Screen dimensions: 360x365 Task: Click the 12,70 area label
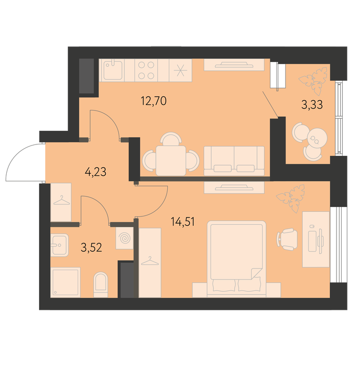(x=154, y=101)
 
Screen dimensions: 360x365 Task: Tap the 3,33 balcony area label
(x=312, y=105)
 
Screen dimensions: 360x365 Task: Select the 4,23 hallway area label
(x=95, y=172)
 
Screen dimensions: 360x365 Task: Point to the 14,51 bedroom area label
(x=182, y=222)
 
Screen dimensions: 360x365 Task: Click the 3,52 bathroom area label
(x=91, y=248)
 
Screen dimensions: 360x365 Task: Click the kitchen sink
(x=113, y=70)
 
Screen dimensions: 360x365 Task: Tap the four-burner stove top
(x=146, y=70)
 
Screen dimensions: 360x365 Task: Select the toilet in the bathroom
(x=101, y=285)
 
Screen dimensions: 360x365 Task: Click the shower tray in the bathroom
(x=66, y=283)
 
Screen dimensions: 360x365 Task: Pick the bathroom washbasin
(x=59, y=245)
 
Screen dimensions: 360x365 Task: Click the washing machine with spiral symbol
(x=125, y=238)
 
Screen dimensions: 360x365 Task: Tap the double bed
(x=237, y=259)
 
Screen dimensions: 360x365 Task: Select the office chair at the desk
(x=287, y=239)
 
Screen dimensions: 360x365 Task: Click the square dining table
(x=171, y=161)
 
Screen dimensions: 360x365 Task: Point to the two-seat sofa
(x=234, y=161)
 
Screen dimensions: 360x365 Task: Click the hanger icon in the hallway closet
(x=61, y=201)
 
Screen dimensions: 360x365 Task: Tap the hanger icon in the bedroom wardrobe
(x=150, y=261)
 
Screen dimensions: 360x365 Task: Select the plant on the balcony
(x=313, y=80)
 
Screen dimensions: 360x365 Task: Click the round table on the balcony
(x=317, y=138)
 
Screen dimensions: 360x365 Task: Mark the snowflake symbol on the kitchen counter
(x=180, y=70)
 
